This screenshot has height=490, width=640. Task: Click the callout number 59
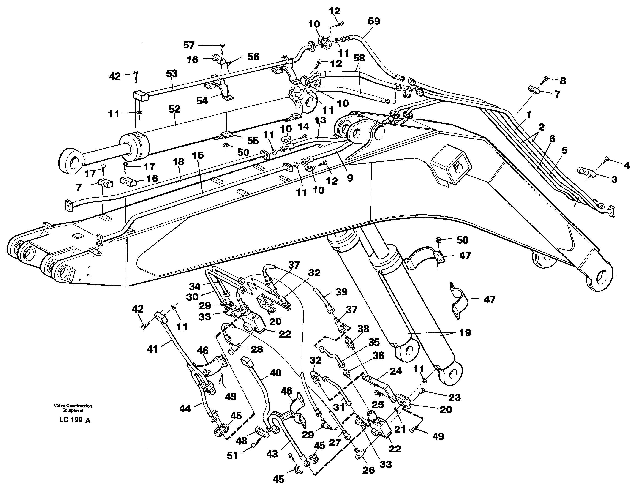pos(374,21)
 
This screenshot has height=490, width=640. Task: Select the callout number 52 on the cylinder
pos(174,109)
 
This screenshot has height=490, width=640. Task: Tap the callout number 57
pos(189,45)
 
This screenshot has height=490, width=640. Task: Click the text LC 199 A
pos(74,420)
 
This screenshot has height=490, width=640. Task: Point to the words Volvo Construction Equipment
pos(73,408)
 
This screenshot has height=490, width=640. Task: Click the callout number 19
pos(465,332)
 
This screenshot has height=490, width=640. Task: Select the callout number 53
pos(172,73)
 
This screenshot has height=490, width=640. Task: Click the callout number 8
pos(563,81)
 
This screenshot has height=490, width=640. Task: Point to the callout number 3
pos(614,179)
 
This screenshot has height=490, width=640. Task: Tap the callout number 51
pos(232,456)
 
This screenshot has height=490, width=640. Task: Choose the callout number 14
pos(303,127)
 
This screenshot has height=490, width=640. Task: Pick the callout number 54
pos(202,101)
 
